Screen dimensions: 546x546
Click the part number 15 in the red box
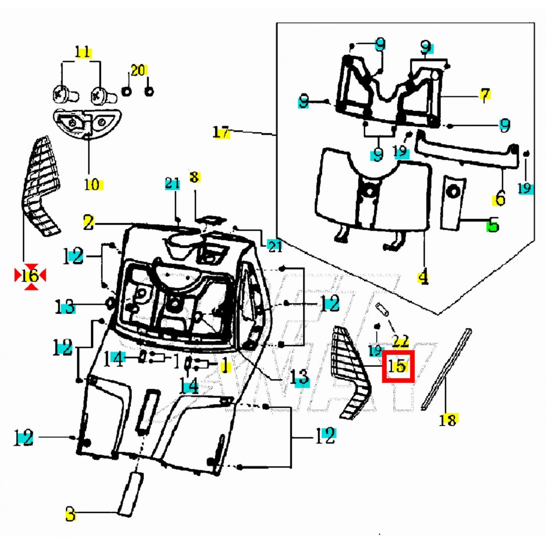(x=398, y=367)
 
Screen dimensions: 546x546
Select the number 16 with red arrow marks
(x=30, y=275)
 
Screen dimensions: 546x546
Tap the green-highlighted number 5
(x=492, y=226)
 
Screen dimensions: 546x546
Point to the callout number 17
(x=221, y=133)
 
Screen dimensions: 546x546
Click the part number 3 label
(x=71, y=515)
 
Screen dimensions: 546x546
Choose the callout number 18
(x=448, y=420)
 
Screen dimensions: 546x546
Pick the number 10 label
(x=92, y=185)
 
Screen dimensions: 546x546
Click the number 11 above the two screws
(x=83, y=52)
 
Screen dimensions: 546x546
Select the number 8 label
(x=194, y=177)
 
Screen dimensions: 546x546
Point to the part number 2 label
(x=88, y=223)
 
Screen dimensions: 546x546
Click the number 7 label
(x=485, y=94)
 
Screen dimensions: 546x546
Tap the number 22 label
(x=401, y=341)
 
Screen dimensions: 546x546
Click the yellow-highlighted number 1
(x=225, y=367)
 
